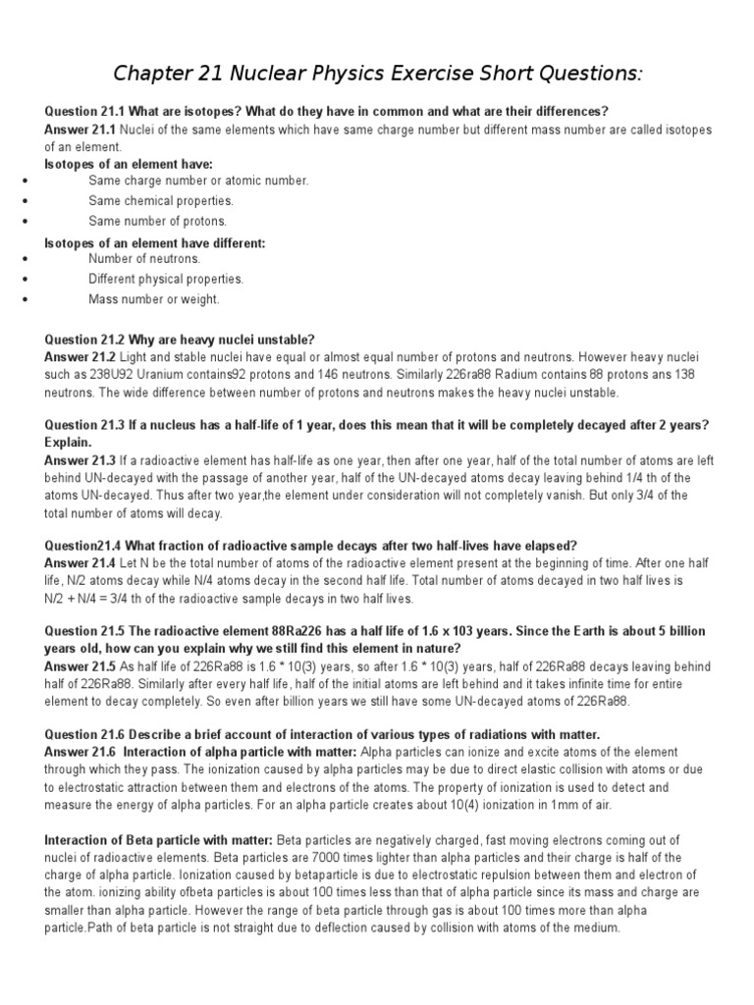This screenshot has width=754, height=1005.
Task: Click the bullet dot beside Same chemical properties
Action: pos(21,201)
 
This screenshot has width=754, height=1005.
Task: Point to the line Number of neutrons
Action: pos(144,259)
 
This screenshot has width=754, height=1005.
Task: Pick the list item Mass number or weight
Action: pos(154,299)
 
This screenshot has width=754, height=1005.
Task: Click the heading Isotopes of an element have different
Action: pos(155,242)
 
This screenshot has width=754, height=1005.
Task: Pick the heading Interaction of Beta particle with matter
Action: pos(160,840)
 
